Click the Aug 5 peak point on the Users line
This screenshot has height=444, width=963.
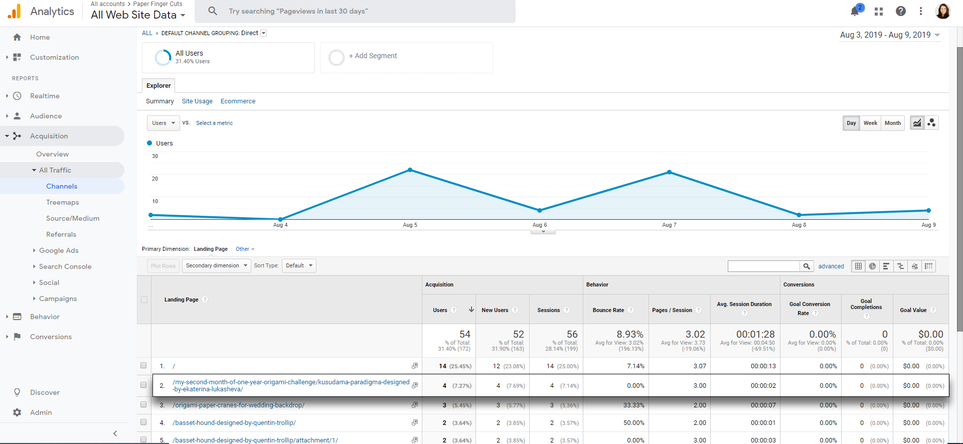[x=410, y=170]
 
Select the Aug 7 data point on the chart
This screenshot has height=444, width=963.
[x=669, y=172]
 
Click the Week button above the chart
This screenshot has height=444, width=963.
[x=870, y=123]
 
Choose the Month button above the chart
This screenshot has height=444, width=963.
[x=892, y=123]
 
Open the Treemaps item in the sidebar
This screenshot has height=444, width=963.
[x=63, y=202]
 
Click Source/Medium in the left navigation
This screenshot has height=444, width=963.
[x=73, y=218]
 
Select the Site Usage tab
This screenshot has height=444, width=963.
[x=197, y=101]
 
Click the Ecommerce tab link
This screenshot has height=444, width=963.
[x=238, y=101]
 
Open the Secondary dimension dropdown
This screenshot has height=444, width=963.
[x=217, y=265]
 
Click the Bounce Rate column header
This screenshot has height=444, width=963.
[x=608, y=310]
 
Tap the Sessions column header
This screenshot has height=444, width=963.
[x=549, y=310]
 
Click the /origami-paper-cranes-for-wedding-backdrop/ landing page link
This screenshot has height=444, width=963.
[x=239, y=405]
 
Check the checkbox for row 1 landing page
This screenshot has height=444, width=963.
[x=143, y=366]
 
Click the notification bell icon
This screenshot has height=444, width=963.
[x=855, y=11]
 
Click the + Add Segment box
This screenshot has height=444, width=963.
[x=406, y=57]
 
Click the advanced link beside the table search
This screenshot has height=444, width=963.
[x=831, y=266]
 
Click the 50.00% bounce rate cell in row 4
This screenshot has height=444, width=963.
[x=634, y=423]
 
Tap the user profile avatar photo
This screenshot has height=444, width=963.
[x=943, y=11]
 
